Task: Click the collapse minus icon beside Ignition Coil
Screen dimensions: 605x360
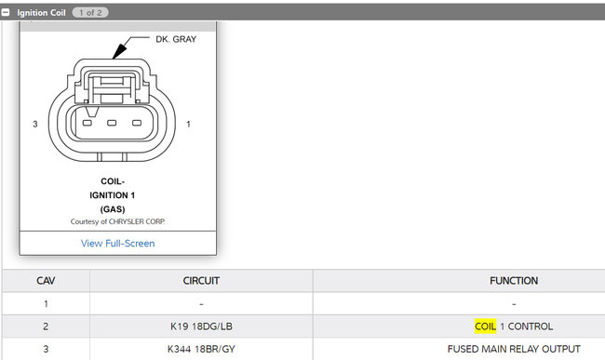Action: pos(6,12)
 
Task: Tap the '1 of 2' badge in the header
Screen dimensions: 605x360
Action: pos(90,13)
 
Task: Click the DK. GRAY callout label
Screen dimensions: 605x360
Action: pos(176,39)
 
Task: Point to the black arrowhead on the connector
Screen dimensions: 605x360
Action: pos(120,50)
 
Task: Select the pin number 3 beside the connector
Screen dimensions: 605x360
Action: pos(35,124)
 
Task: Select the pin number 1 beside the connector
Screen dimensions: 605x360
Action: pos(188,124)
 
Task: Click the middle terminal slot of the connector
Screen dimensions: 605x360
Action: pos(112,123)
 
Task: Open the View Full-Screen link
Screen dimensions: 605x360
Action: pos(117,243)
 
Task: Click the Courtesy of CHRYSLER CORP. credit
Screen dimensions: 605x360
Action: pos(117,221)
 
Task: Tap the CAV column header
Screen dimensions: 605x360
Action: pos(46,281)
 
